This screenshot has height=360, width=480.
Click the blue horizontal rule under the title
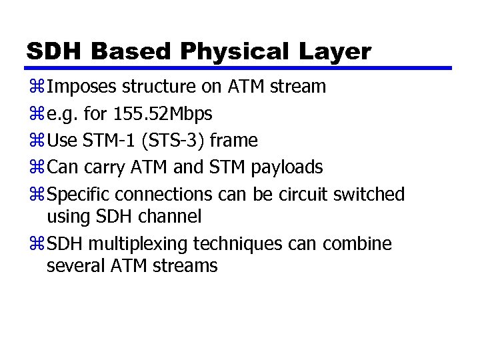[x=240, y=68]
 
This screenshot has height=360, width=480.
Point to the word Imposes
[x=84, y=87]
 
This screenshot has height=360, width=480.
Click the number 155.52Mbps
[x=158, y=114]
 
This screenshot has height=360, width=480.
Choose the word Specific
[x=80, y=195]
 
